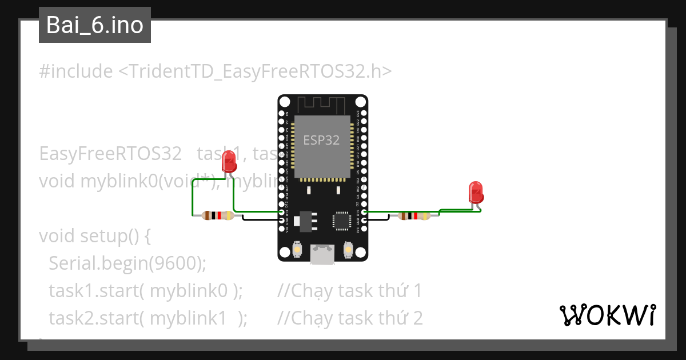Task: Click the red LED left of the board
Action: pos(229,162)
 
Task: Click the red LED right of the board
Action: pos(475,192)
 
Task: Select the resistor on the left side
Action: pos(218,215)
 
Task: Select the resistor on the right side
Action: pos(414,216)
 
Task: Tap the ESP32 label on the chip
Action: pos(321,141)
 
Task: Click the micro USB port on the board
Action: pos(322,254)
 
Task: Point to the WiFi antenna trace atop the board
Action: pos(322,105)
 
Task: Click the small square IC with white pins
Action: pos(342,221)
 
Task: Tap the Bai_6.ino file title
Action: pos(95,25)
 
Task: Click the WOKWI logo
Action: pos(607,315)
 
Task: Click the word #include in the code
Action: pos(76,71)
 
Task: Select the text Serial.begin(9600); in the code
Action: pos(127,263)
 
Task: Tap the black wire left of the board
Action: pos(260,218)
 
